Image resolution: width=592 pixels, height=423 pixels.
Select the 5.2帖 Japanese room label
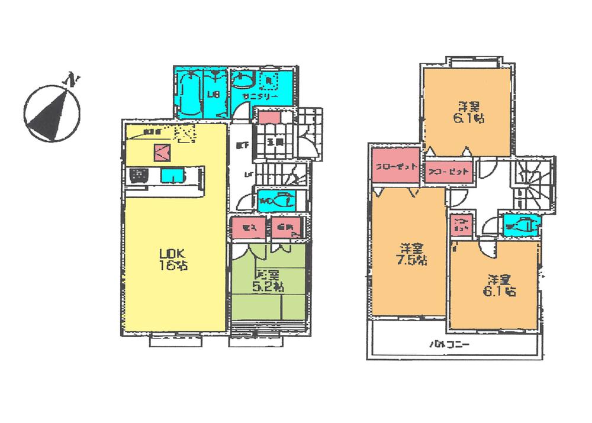269,282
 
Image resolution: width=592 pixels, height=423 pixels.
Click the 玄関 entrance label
274,141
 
